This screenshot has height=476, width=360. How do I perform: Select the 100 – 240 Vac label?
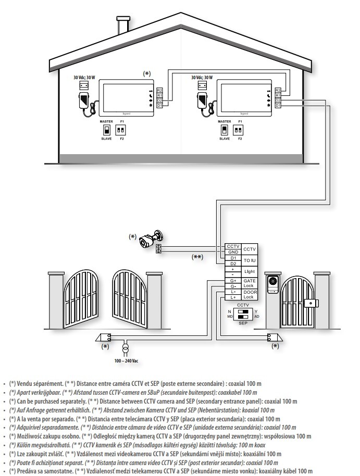(123, 360)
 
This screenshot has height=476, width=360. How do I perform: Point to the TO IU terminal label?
(250, 260)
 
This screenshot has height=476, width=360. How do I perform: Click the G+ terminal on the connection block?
(233, 281)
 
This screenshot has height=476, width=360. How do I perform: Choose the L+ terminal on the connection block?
(233, 297)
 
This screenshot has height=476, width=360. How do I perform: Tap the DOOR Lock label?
(250, 294)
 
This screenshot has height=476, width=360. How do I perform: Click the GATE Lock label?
(250, 283)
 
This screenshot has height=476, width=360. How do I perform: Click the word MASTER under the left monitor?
(106, 121)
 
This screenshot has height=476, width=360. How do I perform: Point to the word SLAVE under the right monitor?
(225, 139)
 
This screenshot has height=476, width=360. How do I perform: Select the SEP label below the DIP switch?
(243, 323)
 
